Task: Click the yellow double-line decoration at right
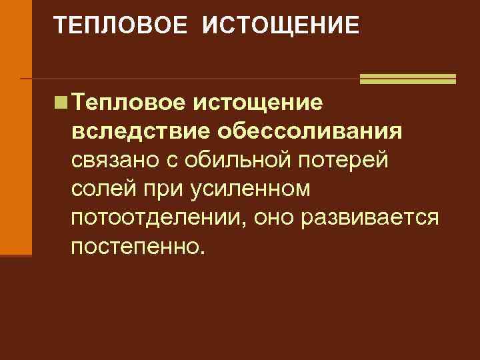click(407, 79)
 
